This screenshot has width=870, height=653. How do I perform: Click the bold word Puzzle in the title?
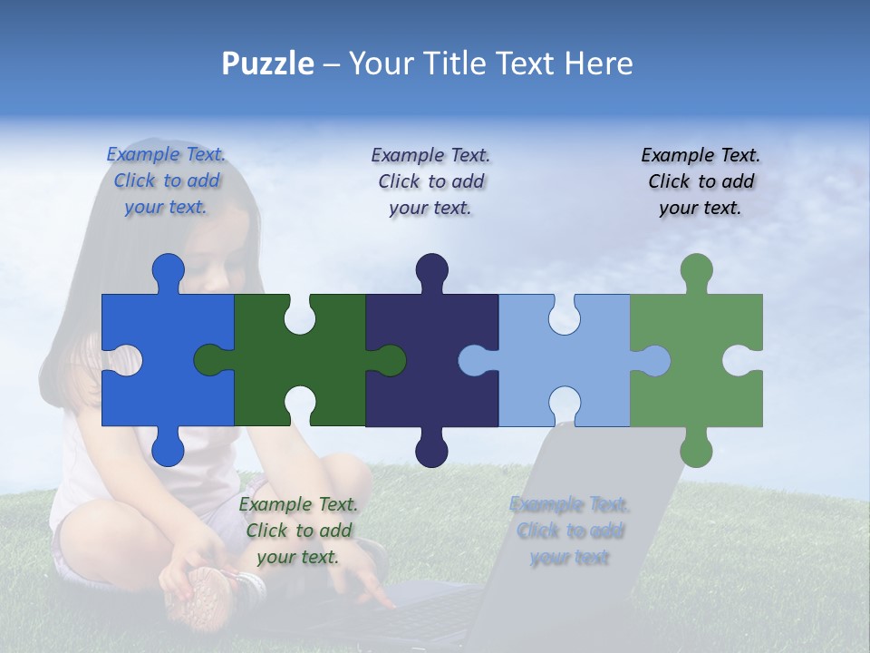point(267,64)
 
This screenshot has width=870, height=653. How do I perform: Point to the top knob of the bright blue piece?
point(168,269)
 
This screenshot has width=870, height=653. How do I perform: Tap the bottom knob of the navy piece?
point(431,450)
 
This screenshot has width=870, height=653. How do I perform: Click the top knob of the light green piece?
point(696,269)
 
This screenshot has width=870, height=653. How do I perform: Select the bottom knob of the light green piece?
point(696,450)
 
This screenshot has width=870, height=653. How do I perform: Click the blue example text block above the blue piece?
point(166,181)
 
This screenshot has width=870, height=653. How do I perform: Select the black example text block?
point(701,181)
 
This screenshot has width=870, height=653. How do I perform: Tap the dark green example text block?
point(298,531)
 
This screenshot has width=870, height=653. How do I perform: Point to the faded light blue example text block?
point(569,531)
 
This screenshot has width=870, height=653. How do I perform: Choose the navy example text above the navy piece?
point(430,181)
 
